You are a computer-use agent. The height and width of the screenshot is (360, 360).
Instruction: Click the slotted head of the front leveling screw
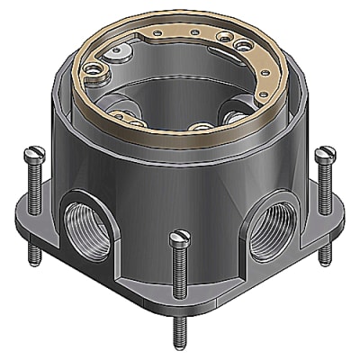(x=180, y=238)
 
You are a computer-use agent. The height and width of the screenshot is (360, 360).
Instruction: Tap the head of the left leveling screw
(x=33, y=157)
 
